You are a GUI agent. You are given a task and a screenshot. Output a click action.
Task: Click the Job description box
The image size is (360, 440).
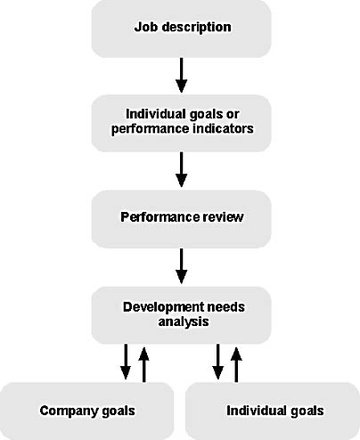point(181,29)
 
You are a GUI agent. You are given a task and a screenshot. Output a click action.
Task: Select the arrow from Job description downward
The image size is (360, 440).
point(181,76)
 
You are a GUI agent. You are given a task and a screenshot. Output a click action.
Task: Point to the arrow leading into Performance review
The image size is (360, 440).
point(181,169)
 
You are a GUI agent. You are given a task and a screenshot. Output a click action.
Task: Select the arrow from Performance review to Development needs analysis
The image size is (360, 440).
point(181,266)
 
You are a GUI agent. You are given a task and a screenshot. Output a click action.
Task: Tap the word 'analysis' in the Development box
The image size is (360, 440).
point(184,322)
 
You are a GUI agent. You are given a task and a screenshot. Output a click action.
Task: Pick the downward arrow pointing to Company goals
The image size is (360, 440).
point(126,362)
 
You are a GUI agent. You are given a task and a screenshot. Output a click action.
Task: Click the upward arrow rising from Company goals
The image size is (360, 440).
point(144,364)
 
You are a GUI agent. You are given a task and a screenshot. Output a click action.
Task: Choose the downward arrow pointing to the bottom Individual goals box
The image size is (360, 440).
point(217,362)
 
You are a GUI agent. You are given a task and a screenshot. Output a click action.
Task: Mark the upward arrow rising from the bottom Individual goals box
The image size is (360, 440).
point(236,364)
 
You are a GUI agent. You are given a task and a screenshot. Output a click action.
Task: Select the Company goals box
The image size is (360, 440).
point(86,411)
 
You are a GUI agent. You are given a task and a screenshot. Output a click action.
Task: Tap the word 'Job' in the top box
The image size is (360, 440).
point(146,27)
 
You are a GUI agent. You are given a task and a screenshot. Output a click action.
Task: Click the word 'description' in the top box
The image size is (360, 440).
point(196,28)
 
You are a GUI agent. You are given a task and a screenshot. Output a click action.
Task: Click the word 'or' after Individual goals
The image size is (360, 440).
point(233,114)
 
